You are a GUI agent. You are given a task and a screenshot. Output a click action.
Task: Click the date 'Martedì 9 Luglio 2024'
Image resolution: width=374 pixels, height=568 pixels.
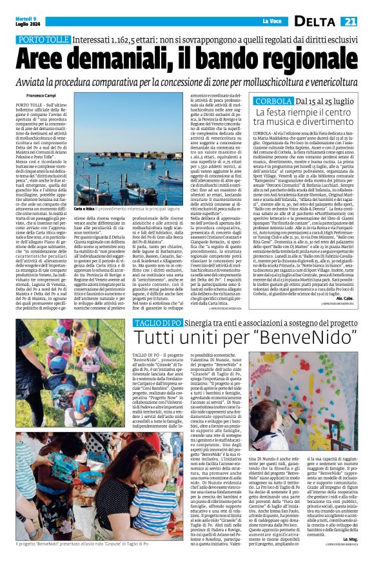point(25,21)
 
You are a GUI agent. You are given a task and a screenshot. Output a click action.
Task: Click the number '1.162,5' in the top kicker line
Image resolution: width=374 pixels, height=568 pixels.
point(140,39)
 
